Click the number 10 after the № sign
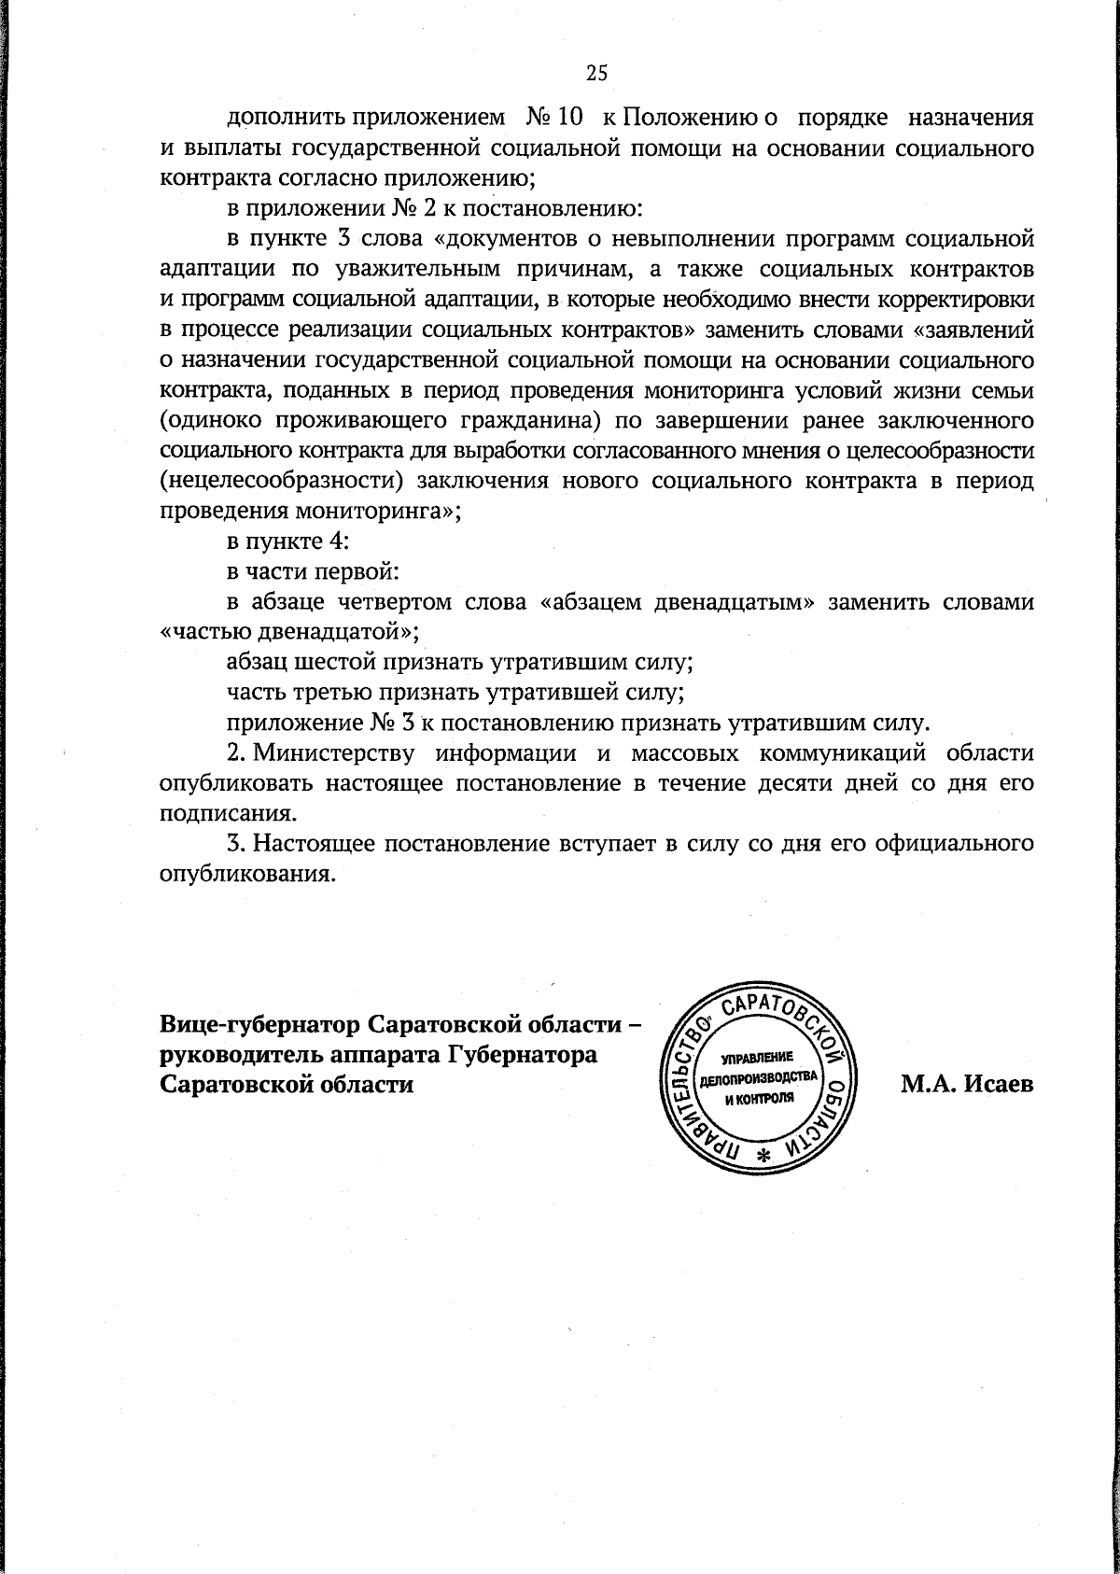(x=570, y=119)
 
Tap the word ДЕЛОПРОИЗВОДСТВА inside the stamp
(x=759, y=1077)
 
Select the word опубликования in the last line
(x=246, y=876)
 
